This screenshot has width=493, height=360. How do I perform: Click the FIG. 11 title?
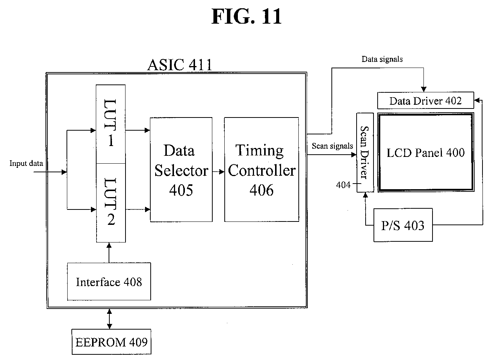246,17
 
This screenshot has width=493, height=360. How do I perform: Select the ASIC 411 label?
180,65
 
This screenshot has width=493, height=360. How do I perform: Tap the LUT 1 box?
111,124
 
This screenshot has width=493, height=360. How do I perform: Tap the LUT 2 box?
111,203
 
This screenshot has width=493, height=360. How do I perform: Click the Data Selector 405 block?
181,170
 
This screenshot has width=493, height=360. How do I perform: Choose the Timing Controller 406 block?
262,170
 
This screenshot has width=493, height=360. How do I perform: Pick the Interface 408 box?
109,282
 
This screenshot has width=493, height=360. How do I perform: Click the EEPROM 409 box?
111,342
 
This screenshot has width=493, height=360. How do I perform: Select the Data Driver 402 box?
425,101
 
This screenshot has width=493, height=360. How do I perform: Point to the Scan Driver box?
365,153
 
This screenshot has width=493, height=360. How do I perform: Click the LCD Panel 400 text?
425,153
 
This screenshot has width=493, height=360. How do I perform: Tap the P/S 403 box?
403,225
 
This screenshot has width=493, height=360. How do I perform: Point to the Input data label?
26,163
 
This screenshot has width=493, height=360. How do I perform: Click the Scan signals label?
332,146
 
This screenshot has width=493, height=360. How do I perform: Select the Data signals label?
382,59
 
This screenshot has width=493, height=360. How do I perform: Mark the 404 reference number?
343,185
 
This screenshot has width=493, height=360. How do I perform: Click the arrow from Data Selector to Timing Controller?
218,172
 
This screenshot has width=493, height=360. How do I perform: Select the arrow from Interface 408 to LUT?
109,253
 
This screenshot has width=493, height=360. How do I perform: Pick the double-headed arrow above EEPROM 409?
109,319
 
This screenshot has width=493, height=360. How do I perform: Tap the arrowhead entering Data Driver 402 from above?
424,89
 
